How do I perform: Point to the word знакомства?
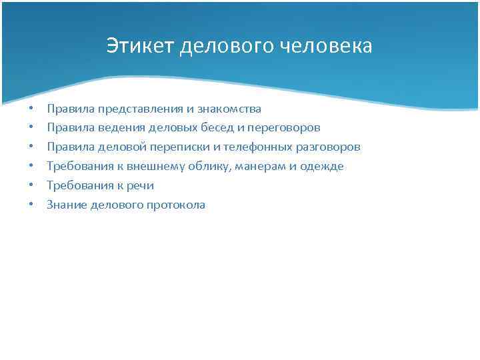tap(229, 108)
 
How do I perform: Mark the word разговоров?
tap(327, 147)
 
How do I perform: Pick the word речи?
tap(138, 185)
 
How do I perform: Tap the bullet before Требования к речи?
tap(31, 185)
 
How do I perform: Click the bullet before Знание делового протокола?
tap(31, 205)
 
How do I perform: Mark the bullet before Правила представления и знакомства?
tap(31, 108)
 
